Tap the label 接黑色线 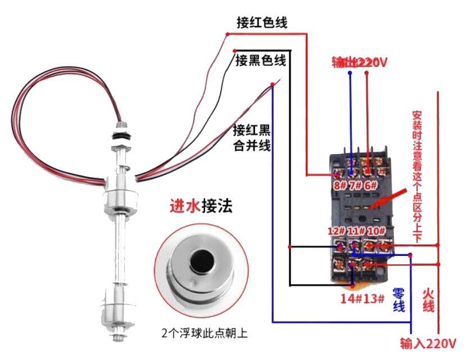click(x=261, y=60)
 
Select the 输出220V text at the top click(x=360, y=62)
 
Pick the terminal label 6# click(x=370, y=185)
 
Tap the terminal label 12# click(x=337, y=231)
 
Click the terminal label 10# click(x=375, y=231)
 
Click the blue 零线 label click(x=398, y=299)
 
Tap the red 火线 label click(x=428, y=299)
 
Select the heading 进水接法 click(x=201, y=206)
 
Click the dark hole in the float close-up click(x=199, y=261)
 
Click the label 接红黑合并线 click(x=252, y=138)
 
